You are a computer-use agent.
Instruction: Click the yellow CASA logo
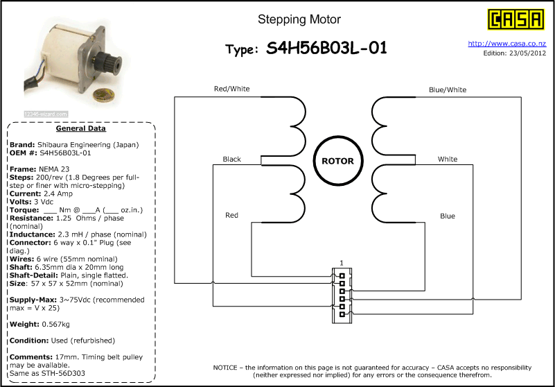tap(516, 19)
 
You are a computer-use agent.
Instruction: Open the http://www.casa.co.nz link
tap(507, 44)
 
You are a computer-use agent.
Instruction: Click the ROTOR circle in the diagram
tap(337, 161)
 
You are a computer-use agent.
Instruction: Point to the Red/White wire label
tap(231, 89)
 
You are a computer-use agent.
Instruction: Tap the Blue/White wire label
tap(448, 89)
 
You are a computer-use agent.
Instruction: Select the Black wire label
tap(232, 159)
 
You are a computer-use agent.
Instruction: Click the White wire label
tap(448, 159)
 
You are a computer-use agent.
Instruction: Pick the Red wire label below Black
tap(232, 215)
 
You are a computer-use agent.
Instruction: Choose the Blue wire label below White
tap(448, 216)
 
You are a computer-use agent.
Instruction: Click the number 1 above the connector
tap(341, 263)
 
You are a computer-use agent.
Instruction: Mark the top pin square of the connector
tap(342, 276)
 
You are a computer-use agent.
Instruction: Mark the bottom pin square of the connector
tap(342, 314)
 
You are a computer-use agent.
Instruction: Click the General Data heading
tap(80, 128)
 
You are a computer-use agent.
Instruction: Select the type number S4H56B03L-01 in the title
tap(327, 48)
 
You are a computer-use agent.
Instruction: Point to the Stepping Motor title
tap(299, 19)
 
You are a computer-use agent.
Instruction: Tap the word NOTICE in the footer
tap(225, 368)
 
